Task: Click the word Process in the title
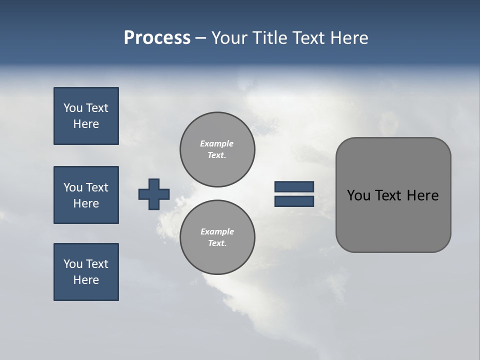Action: [x=157, y=37]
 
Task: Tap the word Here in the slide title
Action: [x=349, y=37]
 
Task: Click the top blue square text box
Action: [x=86, y=116]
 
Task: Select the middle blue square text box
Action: [x=86, y=195]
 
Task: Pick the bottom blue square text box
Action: [x=86, y=272]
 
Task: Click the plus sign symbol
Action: [x=154, y=194]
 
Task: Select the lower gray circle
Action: [x=217, y=255]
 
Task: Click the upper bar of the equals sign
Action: [x=294, y=187]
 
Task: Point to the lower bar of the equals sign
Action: [x=294, y=201]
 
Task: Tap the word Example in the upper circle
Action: [x=217, y=143]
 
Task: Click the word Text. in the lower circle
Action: [x=217, y=243]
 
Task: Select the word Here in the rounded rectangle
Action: [x=422, y=195]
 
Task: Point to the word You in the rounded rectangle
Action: [x=358, y=195]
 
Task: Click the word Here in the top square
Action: [x=86, y=124]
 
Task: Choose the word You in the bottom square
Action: [x=73, y=264]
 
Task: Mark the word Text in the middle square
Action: [x=97, y=187]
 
